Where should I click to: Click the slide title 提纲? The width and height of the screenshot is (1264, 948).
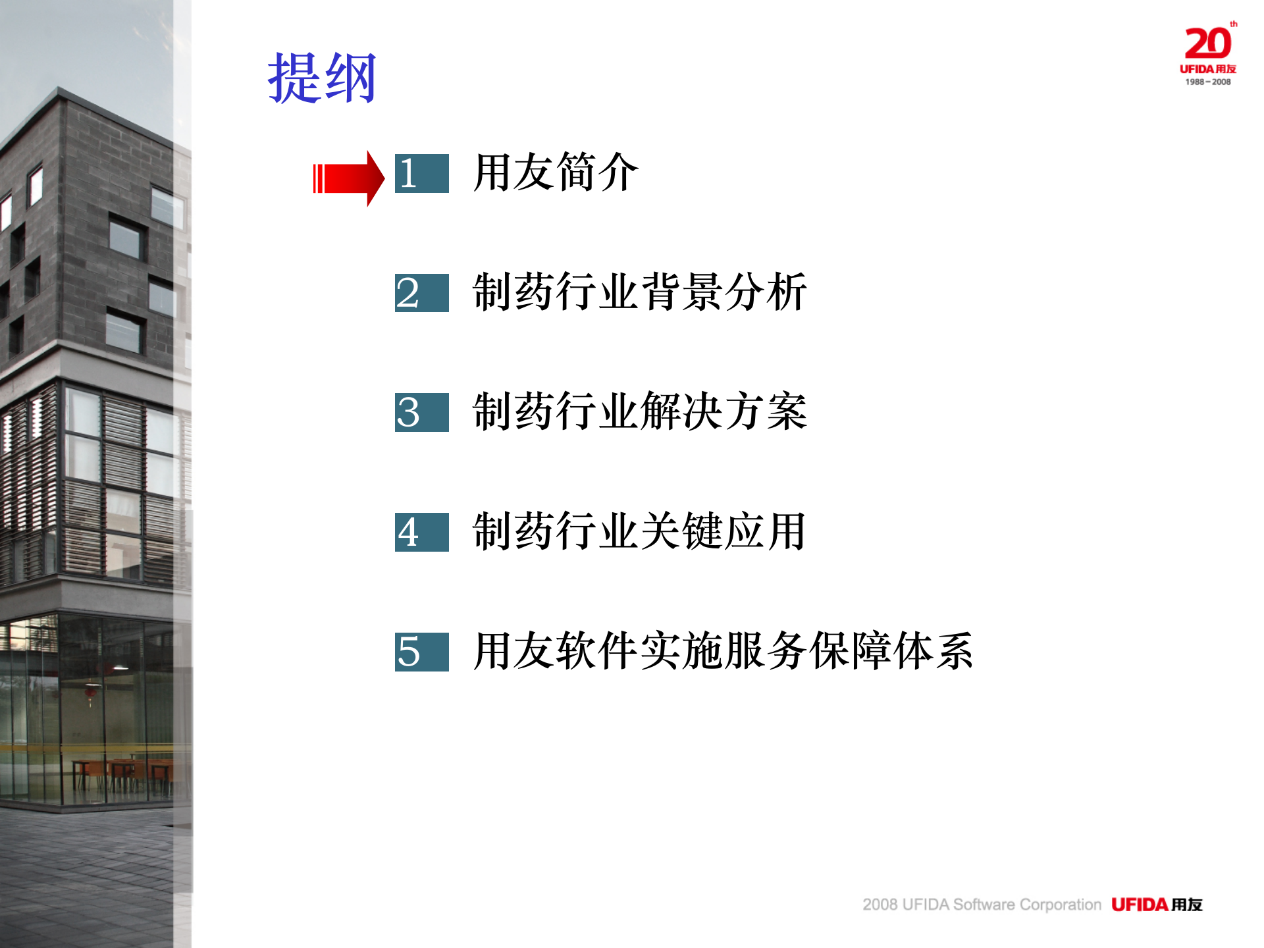[321, 78]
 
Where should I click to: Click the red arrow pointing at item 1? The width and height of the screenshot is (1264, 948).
[349, 178]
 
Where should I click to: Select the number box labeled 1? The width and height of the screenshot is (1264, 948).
[421, 174]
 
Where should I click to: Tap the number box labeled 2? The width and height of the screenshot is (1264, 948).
[421, 293]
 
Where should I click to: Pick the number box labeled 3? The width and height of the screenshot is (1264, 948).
[421, 413]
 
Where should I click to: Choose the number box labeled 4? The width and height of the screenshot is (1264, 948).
[421, 532]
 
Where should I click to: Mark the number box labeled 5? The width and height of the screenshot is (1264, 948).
[421, 652]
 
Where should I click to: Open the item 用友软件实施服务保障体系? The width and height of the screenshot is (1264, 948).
[723, 650]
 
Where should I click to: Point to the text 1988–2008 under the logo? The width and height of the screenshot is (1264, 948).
[1208, 82]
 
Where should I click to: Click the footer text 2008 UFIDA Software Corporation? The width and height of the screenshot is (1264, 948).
[982, 905]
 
